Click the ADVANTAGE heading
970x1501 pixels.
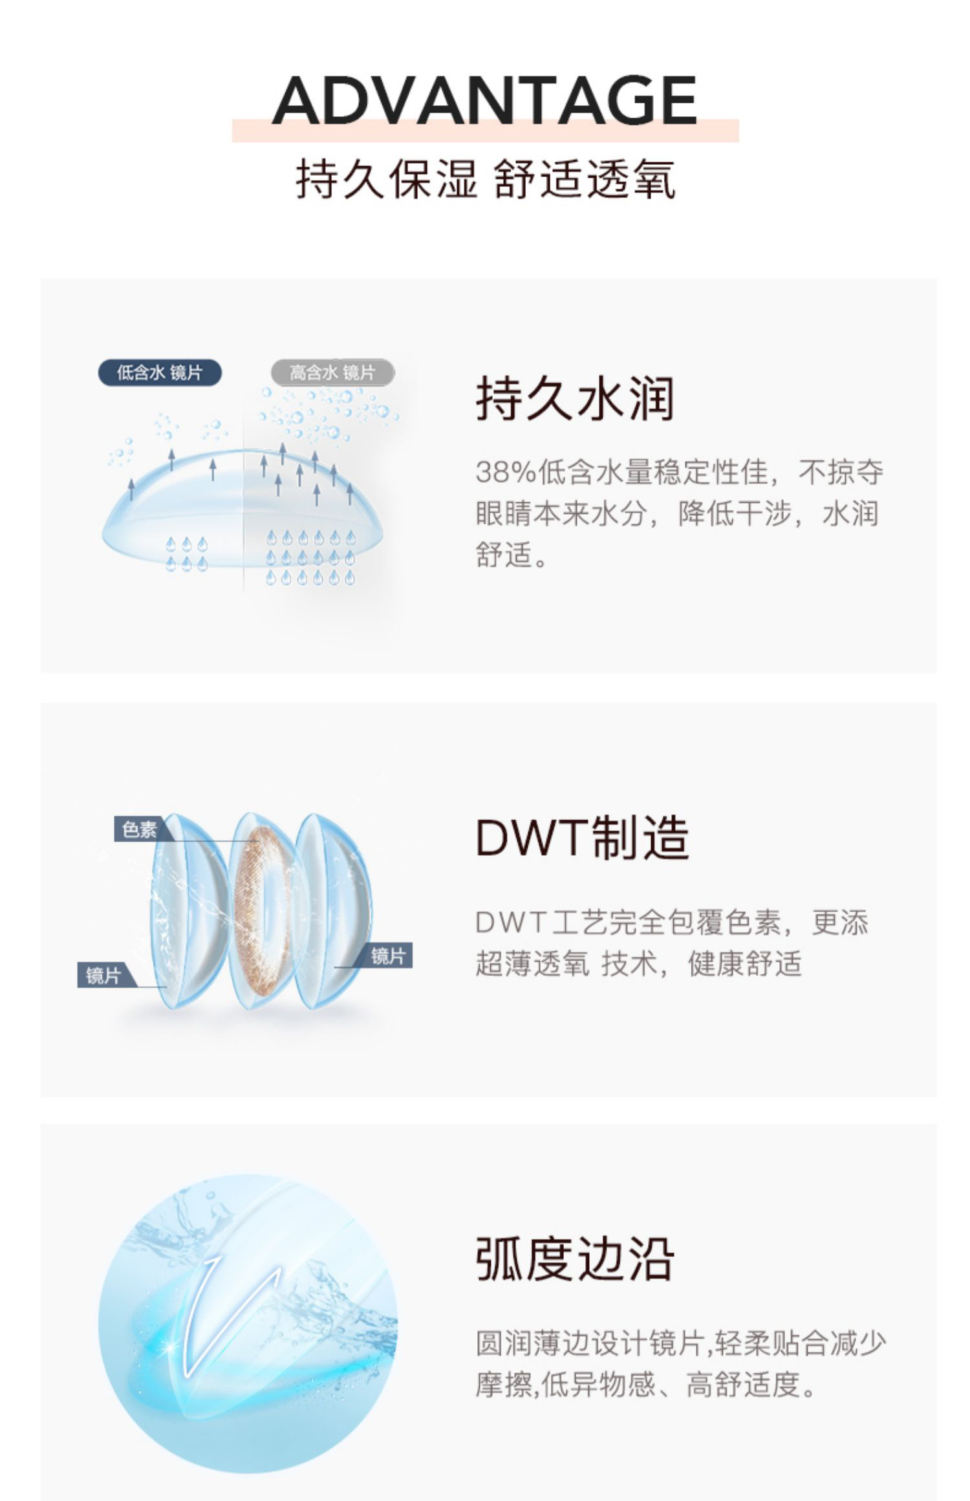484,101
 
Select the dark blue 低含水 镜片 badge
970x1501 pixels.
160,373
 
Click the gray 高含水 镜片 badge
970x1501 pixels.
332,372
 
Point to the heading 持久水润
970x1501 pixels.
575,399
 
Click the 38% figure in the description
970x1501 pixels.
505,473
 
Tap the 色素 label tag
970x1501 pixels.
139,829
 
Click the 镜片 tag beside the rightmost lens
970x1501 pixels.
388,957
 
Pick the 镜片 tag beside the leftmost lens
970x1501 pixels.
103,975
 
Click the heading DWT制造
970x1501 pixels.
583,838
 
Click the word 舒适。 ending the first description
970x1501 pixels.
512,555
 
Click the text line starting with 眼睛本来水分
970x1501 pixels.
676,514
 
